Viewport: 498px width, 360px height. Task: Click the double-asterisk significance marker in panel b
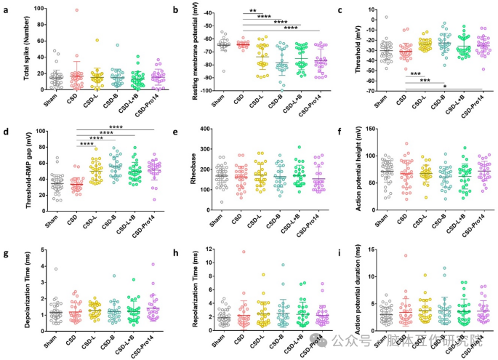tap(253, 12)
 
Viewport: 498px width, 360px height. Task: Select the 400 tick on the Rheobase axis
tap(206, 129)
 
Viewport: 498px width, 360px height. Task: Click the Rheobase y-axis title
tap(190, 169)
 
